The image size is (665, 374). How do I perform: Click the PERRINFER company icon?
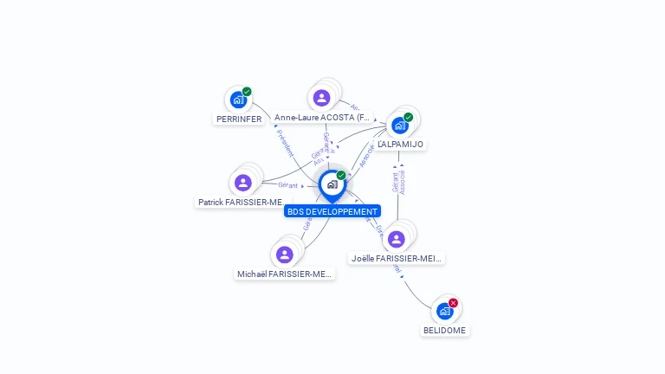(x=238, y=100)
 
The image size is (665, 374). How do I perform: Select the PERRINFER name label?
(x=239, y=119)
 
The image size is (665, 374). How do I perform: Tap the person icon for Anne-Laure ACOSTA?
(x=322, y=98)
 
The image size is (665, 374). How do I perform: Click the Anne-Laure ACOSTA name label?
(x=322, y=117)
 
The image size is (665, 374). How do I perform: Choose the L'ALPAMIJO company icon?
(x=399, y=126)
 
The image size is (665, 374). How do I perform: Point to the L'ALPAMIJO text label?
(x=400, y=145)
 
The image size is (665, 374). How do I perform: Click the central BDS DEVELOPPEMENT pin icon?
(x=332, y=184)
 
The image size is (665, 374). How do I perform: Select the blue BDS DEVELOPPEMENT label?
(x=332, y=211)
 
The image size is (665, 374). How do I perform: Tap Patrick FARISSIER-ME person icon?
(x=242, y=183)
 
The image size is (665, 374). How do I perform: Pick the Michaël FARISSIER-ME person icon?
(x=284, y=255)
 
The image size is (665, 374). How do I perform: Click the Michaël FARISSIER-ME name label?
(x=284, y=274)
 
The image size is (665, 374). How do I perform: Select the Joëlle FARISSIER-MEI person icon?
(x=397, y=239)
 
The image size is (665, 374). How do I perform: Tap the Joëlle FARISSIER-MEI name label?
(x=397, y=258)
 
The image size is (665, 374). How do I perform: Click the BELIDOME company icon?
(x=444, y=312)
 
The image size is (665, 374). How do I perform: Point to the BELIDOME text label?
(x=444, y=331)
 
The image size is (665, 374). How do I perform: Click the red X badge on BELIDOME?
(x=453, y=303)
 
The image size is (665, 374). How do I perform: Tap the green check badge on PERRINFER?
(x=247, y=92)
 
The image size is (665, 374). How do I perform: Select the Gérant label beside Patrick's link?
(x=287, y=185)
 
